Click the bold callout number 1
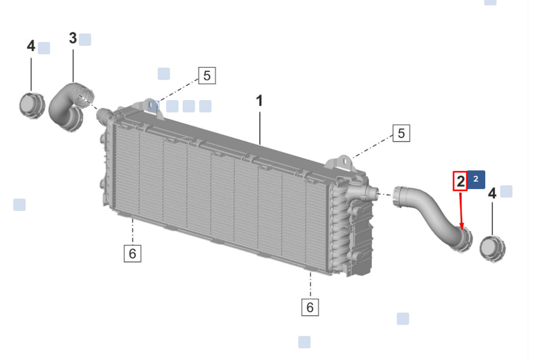click(x=259, y=101)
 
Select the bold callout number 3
click(x=73, y=38)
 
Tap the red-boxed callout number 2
click(x=460, y=181)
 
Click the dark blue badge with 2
click(x=476, y=179)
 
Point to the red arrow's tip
click(x=462, y=229)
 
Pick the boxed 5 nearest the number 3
click(x=207, y=75)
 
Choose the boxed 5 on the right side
click(x=401, y=133)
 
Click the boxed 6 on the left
click(x=132, y=253)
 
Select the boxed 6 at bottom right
click(x=310, y=307)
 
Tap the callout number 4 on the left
click(x=31, y=46)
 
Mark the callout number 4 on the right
click(x=492, y=193)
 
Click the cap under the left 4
click(x=32, y=105)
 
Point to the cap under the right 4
click(x=492, y=249)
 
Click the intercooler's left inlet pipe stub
click(x=103, y=114)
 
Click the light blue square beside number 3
click(x=85, y=39)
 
